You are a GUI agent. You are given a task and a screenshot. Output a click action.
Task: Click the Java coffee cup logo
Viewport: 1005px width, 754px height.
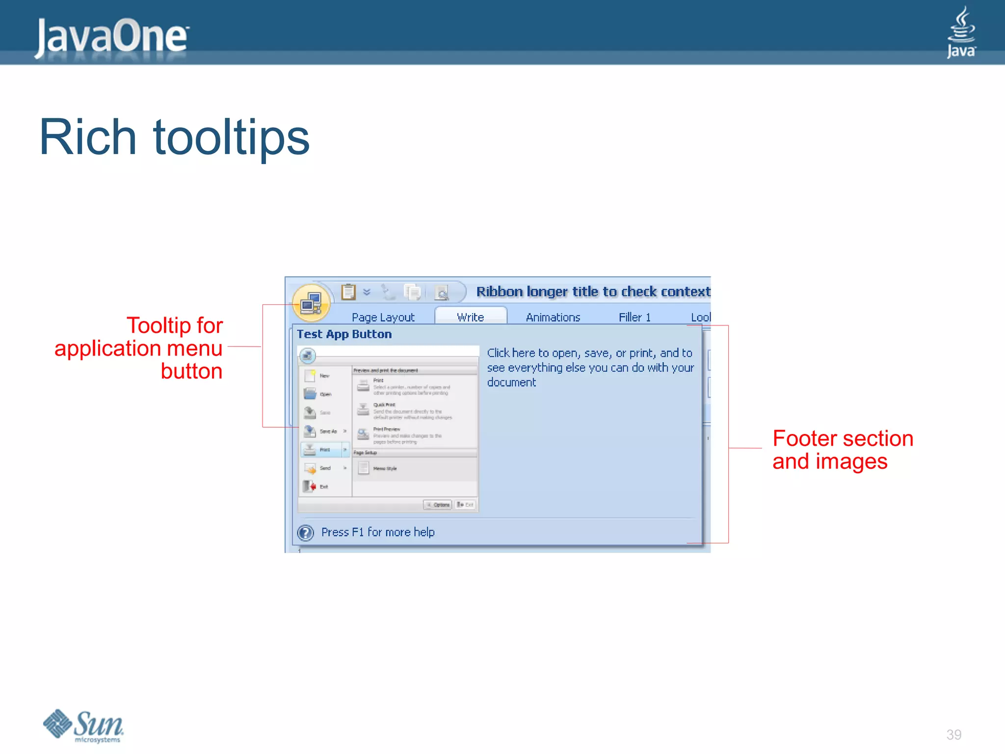click(961, 32)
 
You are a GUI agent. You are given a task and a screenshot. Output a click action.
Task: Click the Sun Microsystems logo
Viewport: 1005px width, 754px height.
click(83, 726)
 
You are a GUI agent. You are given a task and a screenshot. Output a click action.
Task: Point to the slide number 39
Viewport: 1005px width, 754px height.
click(953, 734)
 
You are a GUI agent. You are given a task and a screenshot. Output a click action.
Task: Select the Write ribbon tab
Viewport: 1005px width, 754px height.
click(470, 317)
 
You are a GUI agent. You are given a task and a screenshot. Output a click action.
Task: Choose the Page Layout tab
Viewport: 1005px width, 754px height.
click(383, 317)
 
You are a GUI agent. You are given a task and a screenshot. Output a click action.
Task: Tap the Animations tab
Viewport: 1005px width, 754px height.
click(553, 317)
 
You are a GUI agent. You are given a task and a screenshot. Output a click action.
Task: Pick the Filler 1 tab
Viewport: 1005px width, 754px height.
click(634, 317)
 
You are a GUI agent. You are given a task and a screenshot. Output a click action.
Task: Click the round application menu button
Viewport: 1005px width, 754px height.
click(311, 302)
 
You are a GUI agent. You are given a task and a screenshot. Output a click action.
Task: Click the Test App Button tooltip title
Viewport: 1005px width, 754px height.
click(344, 334)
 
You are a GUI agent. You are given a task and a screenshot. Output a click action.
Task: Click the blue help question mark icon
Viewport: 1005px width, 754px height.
click(306, 532)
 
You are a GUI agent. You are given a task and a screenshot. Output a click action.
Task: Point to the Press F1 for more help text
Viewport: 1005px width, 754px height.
click(378, 532)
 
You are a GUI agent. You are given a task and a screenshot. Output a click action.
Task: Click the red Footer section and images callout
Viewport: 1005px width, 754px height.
click(842, 450)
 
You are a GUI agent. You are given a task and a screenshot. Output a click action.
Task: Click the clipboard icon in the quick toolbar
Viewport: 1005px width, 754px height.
click(348, 292)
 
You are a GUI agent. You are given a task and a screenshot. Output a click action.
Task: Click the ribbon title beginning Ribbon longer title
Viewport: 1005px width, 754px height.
click(593, 292)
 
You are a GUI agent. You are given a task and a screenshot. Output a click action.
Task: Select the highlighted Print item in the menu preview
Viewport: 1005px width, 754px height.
click(324, 450)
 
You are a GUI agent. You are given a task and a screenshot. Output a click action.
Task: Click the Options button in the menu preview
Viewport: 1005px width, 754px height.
click(438, 505)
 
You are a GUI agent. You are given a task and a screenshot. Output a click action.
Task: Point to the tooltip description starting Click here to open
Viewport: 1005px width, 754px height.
click(590, 367)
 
